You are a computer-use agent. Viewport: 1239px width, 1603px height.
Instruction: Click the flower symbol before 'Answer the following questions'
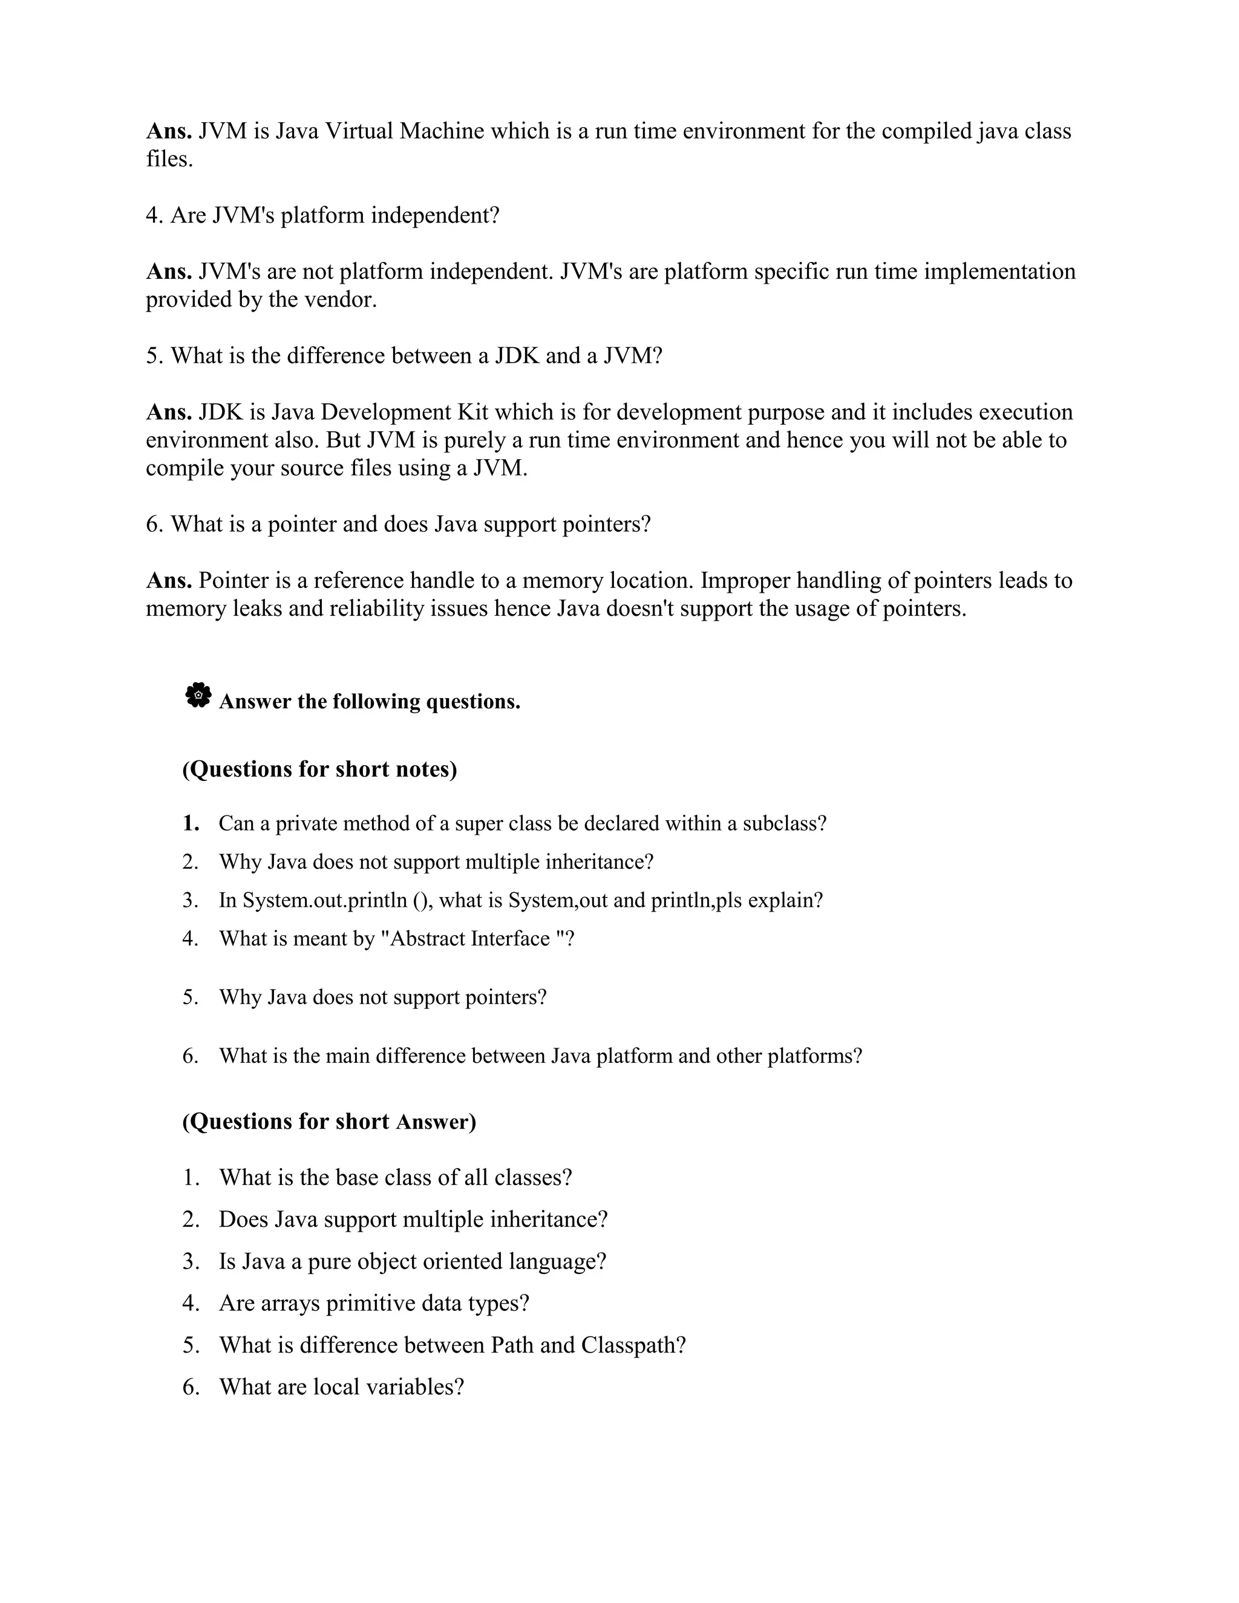click(198, 694)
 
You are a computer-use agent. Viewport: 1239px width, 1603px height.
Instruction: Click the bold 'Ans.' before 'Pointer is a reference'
click(169, 581)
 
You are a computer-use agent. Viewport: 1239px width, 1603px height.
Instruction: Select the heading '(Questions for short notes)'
click(319, 769)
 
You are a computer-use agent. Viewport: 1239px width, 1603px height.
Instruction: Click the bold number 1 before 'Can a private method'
click(191, 823)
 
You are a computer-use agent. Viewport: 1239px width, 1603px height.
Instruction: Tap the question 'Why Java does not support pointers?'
click(382, 997)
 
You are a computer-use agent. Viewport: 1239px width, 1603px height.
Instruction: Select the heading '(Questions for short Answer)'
click(329, 1121)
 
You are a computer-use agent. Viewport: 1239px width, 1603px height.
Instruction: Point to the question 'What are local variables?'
click(341, 1387)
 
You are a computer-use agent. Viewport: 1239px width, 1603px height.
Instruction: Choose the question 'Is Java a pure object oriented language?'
click(413, 1262)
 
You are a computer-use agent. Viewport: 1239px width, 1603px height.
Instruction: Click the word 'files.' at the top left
click(169, 159)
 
